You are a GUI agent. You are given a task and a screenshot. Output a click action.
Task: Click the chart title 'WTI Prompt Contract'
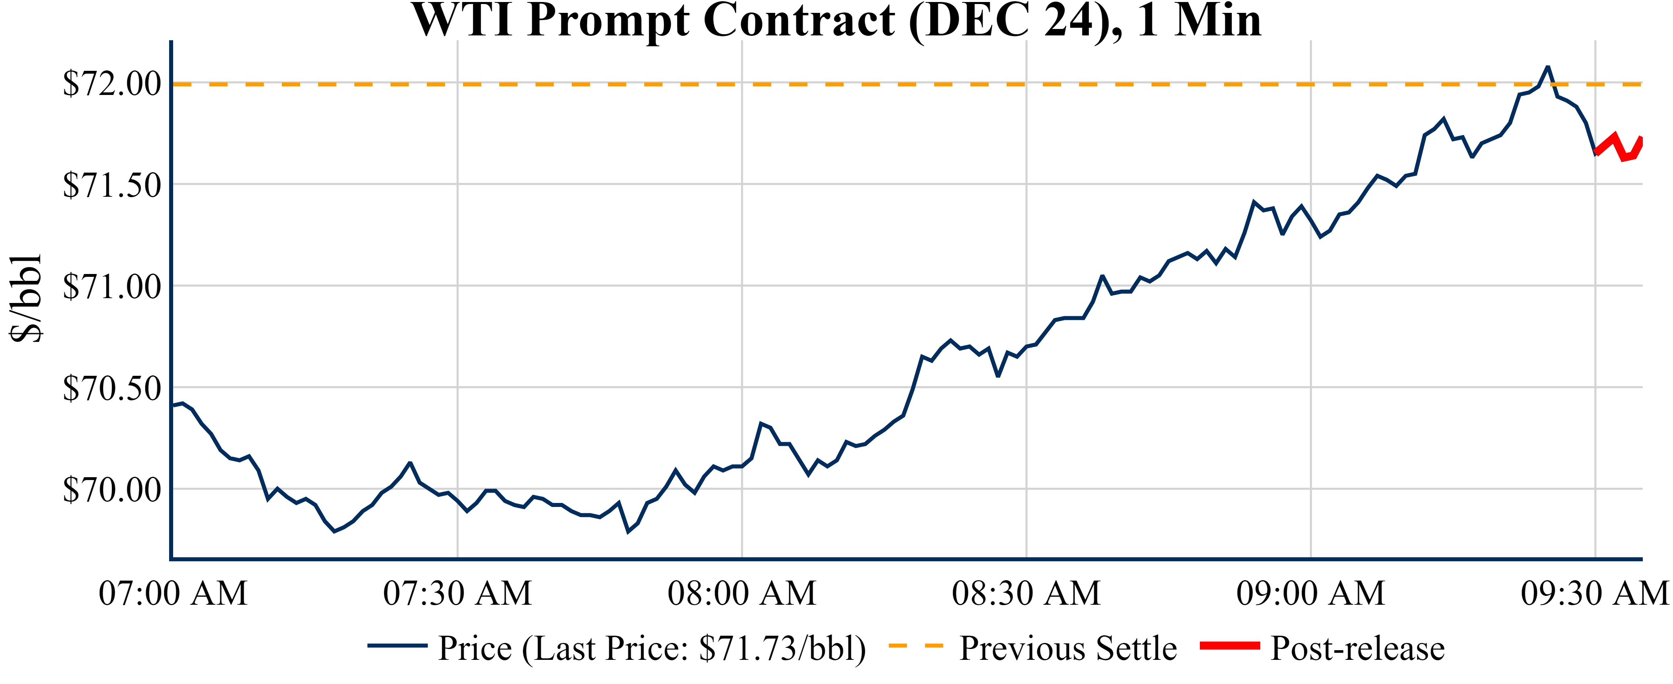pos(837,21)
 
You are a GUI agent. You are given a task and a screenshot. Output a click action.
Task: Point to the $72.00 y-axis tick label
pos(112,84)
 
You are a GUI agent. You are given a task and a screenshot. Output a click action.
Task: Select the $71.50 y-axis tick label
pos(112,185)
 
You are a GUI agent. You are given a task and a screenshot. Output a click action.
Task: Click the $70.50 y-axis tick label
pos(112,389)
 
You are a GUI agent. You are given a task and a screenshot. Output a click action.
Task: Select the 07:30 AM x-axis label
pos(457,593)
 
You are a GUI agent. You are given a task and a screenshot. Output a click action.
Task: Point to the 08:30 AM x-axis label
pos(1026,593)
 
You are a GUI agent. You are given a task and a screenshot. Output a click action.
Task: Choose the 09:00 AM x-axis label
pos(1311,593)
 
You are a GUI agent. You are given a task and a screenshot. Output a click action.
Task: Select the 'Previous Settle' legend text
pos(1068,648)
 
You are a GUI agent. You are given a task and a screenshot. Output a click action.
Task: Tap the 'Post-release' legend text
pos(1357,648)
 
